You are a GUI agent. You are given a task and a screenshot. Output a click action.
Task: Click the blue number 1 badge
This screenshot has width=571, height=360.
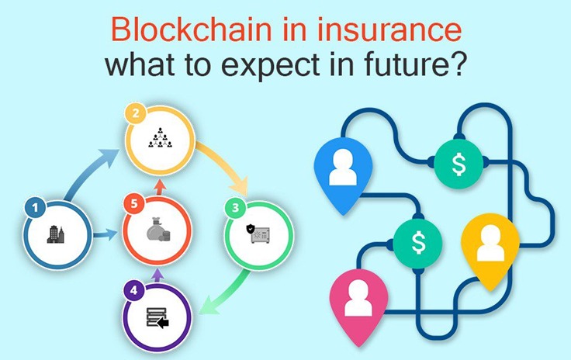click(35, 207)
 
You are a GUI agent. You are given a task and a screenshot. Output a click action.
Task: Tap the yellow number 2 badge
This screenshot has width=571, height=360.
click(136, 113)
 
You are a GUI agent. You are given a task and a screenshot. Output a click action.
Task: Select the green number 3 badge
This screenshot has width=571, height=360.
click(235, 207)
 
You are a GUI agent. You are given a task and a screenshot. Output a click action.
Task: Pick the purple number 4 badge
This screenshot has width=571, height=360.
click(133, 290)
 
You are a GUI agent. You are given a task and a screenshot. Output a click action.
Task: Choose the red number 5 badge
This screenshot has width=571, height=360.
click(134, 204)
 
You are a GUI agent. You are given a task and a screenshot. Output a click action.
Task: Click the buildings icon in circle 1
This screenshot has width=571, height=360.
click(56, 234)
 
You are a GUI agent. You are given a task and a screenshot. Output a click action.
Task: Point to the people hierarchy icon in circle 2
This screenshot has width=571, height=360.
click(160, 137)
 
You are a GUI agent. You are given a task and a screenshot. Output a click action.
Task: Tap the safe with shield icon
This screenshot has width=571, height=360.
click(258, 234)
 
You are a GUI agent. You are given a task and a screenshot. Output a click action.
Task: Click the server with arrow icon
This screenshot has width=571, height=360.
click(157, 318)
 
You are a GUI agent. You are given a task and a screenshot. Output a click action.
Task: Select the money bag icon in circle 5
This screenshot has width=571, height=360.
click(158, 230)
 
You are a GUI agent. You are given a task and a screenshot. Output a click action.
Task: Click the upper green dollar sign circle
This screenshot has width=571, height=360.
click(459, 164)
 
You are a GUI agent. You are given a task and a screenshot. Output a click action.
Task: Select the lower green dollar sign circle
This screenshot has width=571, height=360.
click(418, 243)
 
